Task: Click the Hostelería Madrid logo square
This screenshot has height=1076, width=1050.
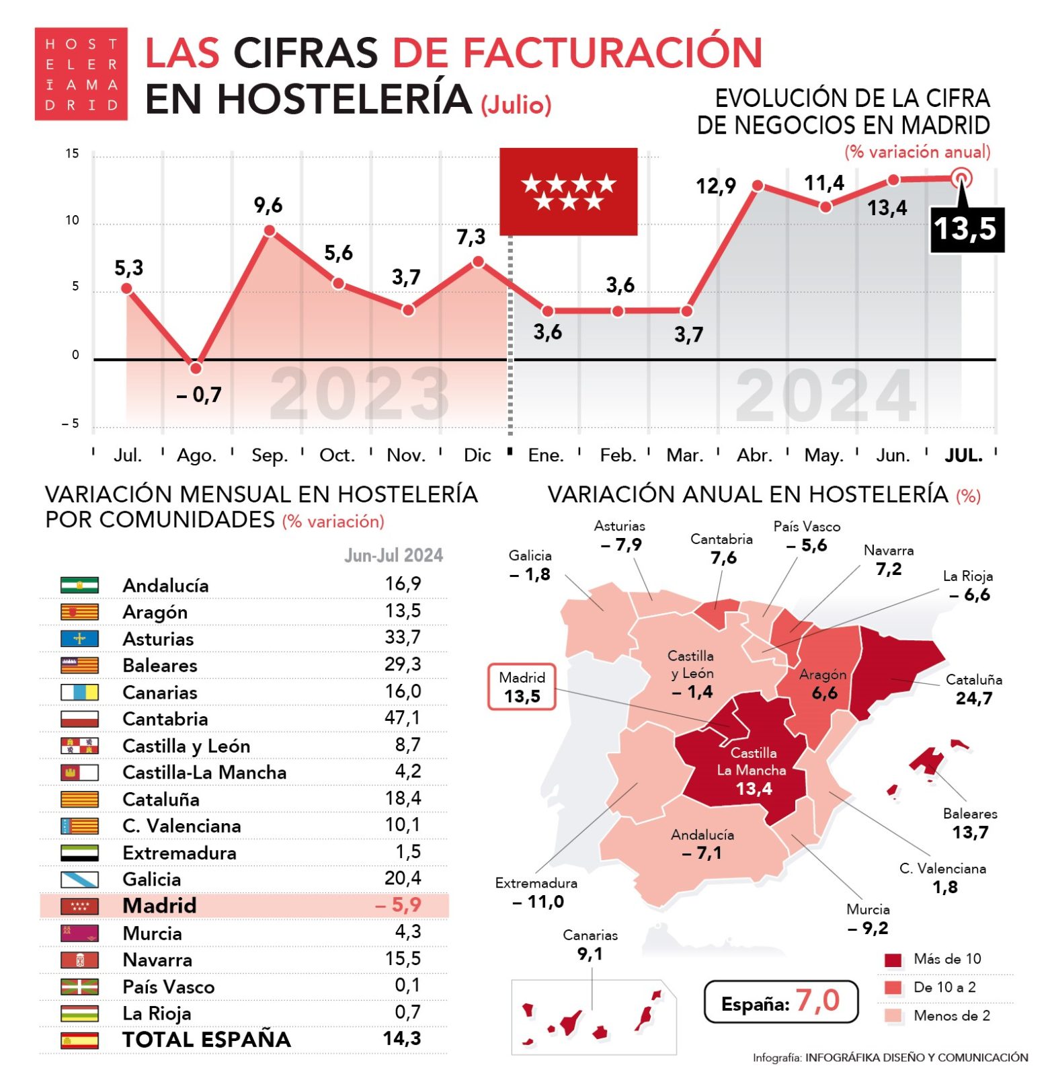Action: tap(81, 74)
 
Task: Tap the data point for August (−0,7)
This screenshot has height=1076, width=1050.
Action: tap(196, 368)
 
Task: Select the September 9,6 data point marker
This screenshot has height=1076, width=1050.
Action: tap(270, 231)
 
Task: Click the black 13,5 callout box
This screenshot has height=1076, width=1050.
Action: tap(966, 229)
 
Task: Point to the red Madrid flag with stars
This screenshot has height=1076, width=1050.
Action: tap(568, 192)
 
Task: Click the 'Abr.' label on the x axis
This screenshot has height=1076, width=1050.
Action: tap(754, 455)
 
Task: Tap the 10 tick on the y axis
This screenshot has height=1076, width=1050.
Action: tap(72, 221)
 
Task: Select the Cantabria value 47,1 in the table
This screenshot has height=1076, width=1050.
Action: tap(402, 718)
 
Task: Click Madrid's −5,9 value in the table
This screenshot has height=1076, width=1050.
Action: tap(399, 905)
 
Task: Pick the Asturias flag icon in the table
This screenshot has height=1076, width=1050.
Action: tap(79, 638)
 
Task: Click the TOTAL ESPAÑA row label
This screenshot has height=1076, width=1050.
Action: tap(206, 1039)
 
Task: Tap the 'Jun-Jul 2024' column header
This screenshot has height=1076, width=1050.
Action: tap(394, 555)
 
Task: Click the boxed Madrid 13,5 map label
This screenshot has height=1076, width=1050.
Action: tap(522, 687)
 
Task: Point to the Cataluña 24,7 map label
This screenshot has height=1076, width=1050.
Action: tap(973, 689)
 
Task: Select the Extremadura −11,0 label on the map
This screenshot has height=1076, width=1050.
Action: tap(537, 892)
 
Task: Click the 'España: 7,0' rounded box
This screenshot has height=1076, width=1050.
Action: tap(780, 1002)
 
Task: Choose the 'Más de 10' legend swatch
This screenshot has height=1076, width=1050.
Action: tap(893, 960)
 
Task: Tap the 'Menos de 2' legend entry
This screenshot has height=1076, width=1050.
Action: tap(951, 1015)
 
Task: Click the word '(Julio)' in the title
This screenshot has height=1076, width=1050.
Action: tap(516, 105)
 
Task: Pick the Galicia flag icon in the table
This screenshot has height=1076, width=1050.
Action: tap(79, 879)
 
